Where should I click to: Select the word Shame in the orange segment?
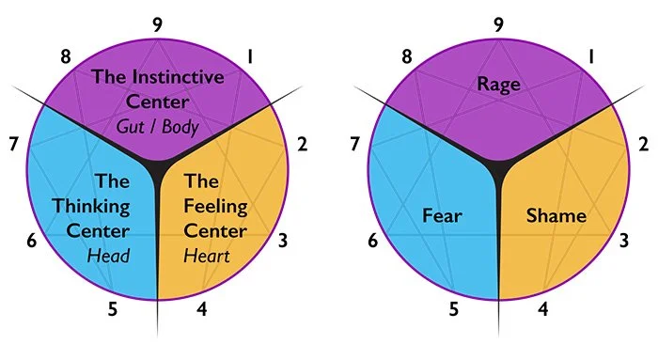pyautogui.click(x=556, y=216)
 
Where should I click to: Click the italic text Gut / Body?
pyautogui.click(x=157, y=125)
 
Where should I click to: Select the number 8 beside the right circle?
pyautogui.click(x=407, y=56)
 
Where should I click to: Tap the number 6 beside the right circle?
pyautogui.click(x=373, y=241)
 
